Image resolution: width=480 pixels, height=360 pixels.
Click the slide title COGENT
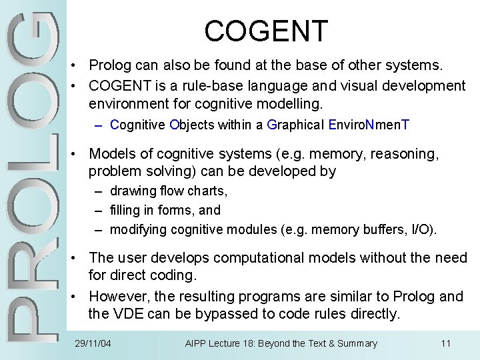click(266, 31)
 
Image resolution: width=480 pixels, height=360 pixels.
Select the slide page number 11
click(446, 344)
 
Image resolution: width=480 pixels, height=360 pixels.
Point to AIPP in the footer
click(197, 344)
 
